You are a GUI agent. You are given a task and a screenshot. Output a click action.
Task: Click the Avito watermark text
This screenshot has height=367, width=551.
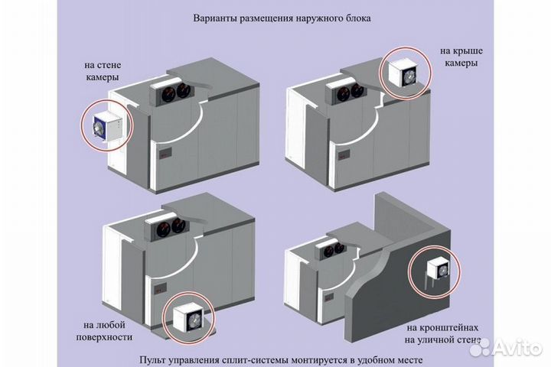[x=514, y=348]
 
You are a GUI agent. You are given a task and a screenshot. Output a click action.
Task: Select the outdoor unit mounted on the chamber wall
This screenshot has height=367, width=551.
[x=105, y=128]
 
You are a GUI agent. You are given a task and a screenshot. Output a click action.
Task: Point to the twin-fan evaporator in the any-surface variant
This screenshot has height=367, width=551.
[x=167, y=227]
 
